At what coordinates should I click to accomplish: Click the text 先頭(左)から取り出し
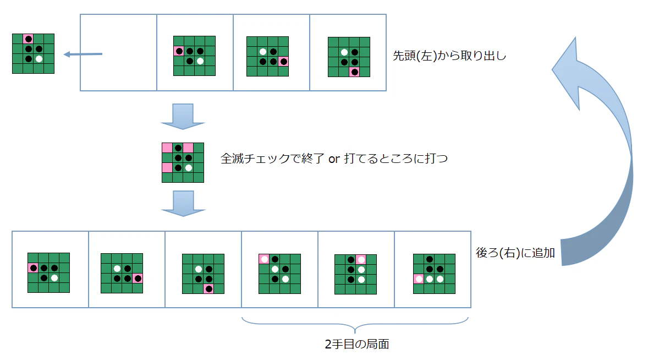449,56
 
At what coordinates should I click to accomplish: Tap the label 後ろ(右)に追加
515,253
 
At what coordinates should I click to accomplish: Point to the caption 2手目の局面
357,344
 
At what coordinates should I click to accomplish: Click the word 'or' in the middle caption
334,159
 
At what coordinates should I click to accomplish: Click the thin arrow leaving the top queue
83,54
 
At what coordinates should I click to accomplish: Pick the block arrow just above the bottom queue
183,203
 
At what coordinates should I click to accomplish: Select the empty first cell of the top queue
119,52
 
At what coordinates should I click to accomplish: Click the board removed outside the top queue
33,54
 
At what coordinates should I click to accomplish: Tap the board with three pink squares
183,162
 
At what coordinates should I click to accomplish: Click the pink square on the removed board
28,39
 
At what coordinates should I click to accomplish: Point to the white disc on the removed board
39,59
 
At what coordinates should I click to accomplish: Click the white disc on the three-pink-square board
189,168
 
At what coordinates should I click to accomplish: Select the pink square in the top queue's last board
354,72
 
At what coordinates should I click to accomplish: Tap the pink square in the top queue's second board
179,51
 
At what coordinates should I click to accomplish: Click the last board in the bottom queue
435,274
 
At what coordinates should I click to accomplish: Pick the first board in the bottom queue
49,273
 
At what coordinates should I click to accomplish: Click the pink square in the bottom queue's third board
208,289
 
